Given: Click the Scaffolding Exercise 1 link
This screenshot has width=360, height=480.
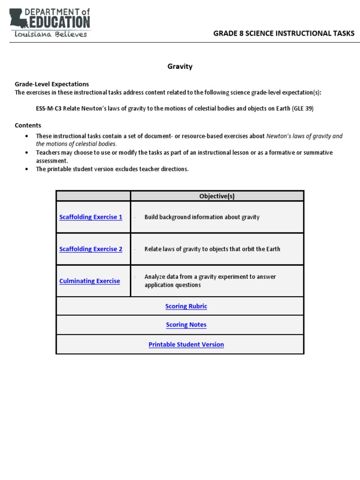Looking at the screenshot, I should (x=90, y=217).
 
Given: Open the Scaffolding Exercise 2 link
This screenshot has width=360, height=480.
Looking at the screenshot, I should (x=90, y=249).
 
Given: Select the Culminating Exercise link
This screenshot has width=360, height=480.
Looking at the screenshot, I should (x=90, y=281).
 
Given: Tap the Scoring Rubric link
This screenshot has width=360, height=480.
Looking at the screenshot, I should (x=186, y=306).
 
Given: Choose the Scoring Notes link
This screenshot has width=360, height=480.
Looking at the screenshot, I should (x=186, y=325).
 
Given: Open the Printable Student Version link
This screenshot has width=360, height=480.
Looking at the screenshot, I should (x=186, y=345).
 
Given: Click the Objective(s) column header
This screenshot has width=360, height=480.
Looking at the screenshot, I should (x=217, y=196).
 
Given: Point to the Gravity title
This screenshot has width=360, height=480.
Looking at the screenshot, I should (x=180, y=67).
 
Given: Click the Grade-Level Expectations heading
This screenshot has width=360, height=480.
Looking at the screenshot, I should (x=52, y=84).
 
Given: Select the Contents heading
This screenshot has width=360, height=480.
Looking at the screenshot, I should (x=28, y=125).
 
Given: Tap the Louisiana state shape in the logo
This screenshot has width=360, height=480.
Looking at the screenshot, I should (x=18, y=19).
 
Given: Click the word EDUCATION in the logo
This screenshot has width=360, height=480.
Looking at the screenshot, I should (x=60, y=22).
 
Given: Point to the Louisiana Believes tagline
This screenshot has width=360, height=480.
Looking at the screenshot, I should (x=51, y=34).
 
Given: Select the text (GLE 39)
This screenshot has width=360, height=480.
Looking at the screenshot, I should (x=303, y=108).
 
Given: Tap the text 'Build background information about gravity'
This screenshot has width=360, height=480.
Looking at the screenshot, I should (x=202, y=217).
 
